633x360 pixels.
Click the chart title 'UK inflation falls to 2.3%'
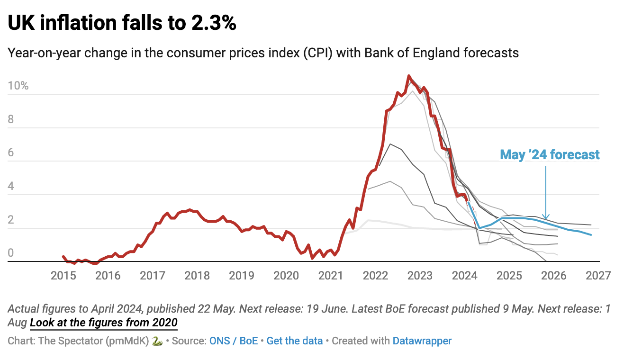point(122,23)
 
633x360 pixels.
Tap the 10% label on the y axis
point(18,86)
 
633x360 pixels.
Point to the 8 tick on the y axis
point(11,119)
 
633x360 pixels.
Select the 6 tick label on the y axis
point(11,153)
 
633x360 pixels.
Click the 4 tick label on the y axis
point(11,186)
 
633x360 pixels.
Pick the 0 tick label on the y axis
point(11,253)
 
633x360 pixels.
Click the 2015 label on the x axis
point(63,275)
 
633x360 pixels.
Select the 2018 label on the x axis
point(197,275)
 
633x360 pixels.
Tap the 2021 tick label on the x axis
point(331,275)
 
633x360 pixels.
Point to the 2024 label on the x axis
point(465,275)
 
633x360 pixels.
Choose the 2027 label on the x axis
point(598,275)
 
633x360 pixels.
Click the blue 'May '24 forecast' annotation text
point(550,154)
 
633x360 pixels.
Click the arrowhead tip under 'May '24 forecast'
point(546,218)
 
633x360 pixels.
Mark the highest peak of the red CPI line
point(409,76)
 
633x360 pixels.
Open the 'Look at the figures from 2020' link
point(103,324)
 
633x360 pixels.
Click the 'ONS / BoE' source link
point(234,341)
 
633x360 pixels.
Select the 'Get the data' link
point(295,341)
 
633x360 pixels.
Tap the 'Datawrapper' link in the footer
point(422,341)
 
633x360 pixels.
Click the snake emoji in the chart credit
point(158,341)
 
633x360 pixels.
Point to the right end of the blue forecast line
point(591,235)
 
